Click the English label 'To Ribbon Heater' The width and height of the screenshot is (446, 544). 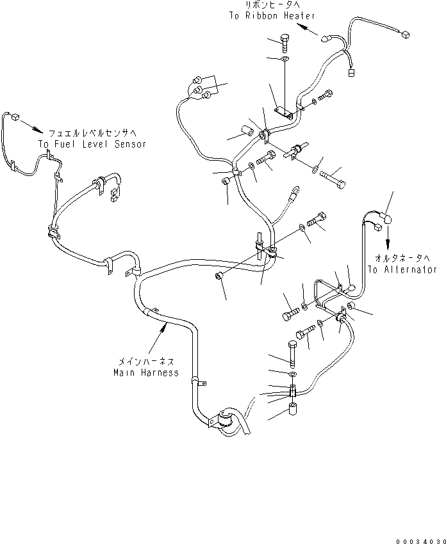(272, 15)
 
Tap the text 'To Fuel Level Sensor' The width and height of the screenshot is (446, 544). (92, 144)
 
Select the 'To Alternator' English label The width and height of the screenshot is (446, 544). (402, 269)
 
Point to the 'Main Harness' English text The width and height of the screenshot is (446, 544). (146, 372)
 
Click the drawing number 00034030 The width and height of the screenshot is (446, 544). (420, 541)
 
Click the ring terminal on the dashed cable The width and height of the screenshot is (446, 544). (295, 190)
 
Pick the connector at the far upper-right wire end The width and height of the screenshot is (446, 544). (405, 35)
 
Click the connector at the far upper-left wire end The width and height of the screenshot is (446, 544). (15, 116)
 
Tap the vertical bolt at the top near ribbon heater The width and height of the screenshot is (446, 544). (285, 43)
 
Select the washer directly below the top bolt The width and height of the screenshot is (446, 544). (285, 59)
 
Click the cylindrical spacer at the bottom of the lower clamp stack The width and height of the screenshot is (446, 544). (293, 408)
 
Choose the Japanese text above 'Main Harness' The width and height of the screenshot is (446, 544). (146, 362)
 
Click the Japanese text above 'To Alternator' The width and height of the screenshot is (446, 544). (402, 259)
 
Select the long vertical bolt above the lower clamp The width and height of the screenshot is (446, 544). (292, 354)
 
